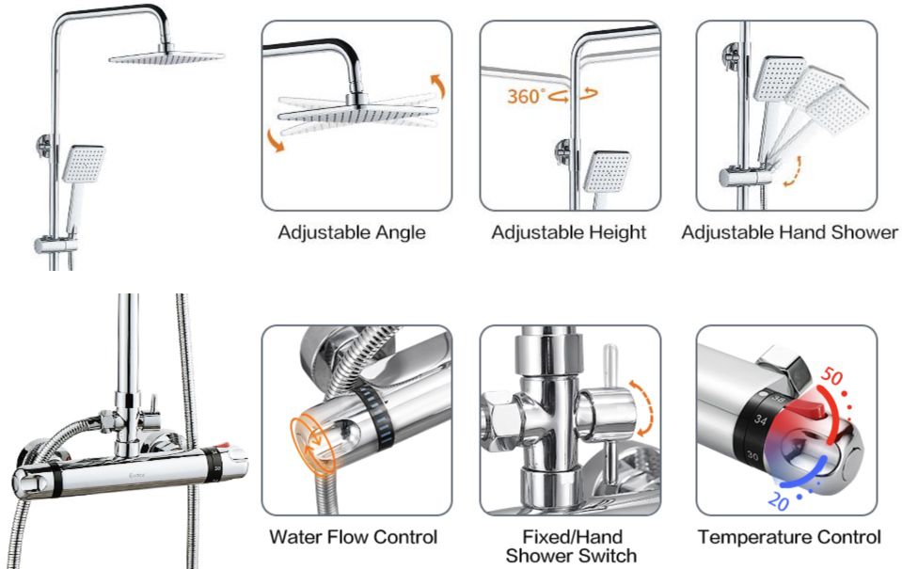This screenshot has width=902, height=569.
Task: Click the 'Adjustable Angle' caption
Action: [351, 232]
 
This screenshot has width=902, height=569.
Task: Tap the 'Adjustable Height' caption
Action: [568, 232]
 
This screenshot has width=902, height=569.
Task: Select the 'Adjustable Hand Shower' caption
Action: [789, 232]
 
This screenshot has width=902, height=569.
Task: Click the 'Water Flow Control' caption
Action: [353, 538]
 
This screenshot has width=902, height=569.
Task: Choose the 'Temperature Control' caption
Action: [789, 538]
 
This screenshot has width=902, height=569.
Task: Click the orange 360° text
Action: [526, 96]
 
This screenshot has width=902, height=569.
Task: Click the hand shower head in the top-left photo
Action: [83, 166]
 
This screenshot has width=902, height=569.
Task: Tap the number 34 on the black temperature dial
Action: [758, 420]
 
